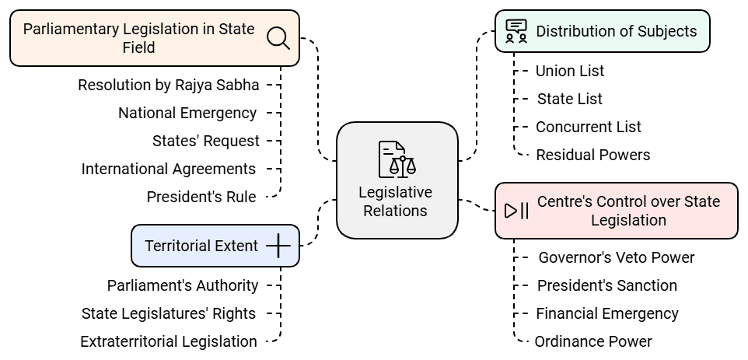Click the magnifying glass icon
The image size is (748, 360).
coord(278,37)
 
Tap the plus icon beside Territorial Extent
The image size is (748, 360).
coord(278,246)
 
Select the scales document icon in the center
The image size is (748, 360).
coord(397,159)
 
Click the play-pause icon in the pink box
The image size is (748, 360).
coord(516,211)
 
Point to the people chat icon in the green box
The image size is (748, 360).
coord(516,31)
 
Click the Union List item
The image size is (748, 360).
coord(569,71)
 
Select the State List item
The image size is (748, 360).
coord(569,99)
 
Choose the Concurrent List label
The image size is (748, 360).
coord(588,127)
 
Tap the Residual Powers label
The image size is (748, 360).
coord(592,155)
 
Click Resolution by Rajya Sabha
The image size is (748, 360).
coord(169,85)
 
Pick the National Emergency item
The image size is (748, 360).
coord(187,113)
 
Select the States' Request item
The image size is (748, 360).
coord(206,141)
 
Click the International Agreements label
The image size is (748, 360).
coord(169,169)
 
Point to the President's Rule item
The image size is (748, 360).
coord(201,197)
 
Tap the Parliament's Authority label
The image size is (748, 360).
coord(183,285)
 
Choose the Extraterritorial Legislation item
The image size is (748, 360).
coord(169,341)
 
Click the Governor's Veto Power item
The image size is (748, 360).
coord(616,257)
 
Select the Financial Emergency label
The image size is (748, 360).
coord(606,313)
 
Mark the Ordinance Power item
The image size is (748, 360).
coord(592,341)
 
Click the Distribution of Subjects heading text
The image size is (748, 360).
coord(616,31)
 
